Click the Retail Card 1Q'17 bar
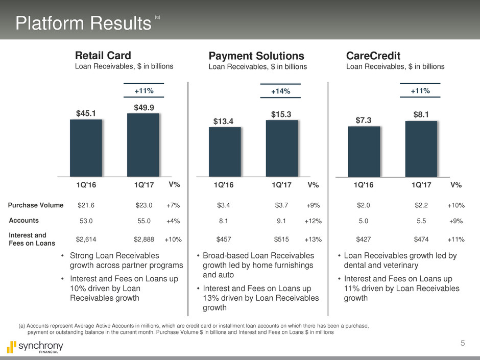click(143, 145)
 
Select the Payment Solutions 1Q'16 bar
click(225, 152)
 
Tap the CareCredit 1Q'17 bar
click(421, 149)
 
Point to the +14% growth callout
click(280, 91)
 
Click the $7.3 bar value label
click(364, 119)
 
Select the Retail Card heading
click(103, 55)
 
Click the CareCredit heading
click(372, 55)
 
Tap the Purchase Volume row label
click(36, 205)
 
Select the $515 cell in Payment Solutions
click(282, 238)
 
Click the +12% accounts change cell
click(313, 221)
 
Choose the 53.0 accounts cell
click(86, 221)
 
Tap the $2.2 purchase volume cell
click(421, 206)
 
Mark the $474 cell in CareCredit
click(421, 238)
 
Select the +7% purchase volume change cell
click(173, 206)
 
